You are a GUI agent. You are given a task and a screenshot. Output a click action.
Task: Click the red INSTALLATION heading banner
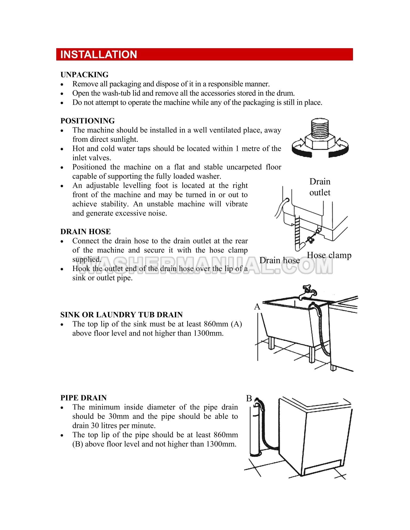point(204,54)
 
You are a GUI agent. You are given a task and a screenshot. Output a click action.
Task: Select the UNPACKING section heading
point(84,75)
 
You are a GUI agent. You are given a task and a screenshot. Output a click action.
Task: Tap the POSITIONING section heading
point(87,121)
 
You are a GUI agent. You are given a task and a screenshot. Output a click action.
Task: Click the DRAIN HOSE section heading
point(85,231)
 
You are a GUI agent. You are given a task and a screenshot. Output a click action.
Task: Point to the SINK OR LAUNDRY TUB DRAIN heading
point(121,315)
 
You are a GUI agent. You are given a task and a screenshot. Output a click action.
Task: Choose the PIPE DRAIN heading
point(83,398)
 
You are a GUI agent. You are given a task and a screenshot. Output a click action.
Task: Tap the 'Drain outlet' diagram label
point(320,187)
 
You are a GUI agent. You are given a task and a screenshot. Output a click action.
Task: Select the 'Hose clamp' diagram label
point(329,255)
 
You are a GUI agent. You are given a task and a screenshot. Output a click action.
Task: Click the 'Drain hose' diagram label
point(279,260)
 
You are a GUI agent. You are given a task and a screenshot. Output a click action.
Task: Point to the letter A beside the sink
point(257,306)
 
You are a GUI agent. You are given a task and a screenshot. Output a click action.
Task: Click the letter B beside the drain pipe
point(249,398)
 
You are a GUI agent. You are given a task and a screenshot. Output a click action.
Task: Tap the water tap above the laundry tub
point(308,292)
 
